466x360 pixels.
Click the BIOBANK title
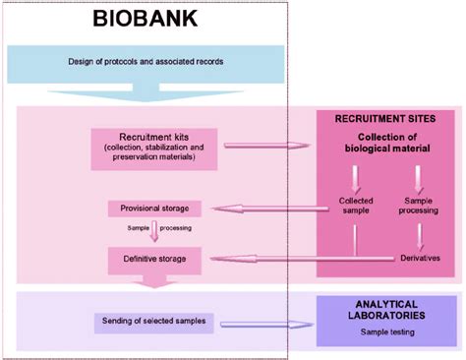[144, 18]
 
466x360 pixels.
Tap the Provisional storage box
[154, 208]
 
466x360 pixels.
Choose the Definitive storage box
[154, 259]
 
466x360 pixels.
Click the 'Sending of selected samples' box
[157, 322]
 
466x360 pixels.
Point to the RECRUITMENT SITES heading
[385, 118]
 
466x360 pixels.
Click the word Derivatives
[420, 258]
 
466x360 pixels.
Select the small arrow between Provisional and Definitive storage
[154, 233]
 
